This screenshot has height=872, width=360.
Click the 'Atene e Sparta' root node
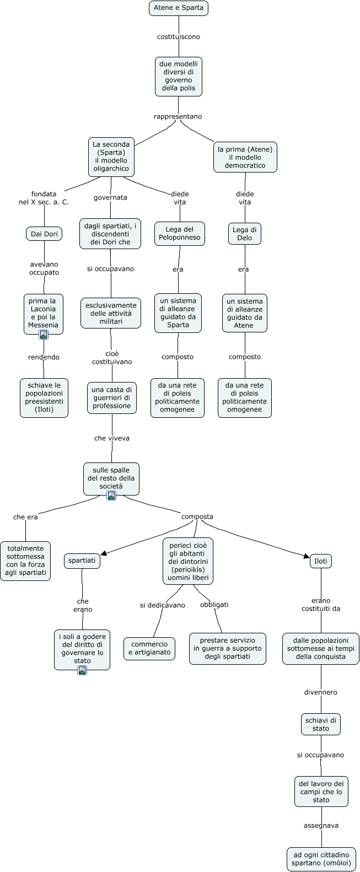[179, 8]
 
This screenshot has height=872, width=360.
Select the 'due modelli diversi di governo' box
[178, 76]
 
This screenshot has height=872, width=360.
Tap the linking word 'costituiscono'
[179, 37]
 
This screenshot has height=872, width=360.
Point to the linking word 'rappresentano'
[178, 116]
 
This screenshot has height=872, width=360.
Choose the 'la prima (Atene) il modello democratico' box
[245, 157]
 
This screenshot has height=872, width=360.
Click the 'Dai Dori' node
[44, 234]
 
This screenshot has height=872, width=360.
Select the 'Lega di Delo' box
[245, 234]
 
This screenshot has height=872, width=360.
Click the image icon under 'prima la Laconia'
[44, 334]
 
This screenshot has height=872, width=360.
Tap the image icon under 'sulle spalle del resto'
[111, 496]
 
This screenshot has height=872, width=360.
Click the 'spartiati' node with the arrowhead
[82, 561]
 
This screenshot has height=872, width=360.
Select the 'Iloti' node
[321, 561]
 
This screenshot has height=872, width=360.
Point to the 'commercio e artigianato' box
[149, 648]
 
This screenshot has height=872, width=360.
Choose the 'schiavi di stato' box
[321, 724]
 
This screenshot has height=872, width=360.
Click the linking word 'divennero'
[321, 692]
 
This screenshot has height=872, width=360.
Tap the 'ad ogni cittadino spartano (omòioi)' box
[321, 859]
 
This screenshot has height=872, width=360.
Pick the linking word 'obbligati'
[214, 604]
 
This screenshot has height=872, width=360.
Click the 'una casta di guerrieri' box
[112, 397]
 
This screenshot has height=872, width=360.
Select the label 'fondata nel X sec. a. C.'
[44, 198]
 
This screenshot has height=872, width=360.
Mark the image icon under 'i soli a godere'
[82, 670]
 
